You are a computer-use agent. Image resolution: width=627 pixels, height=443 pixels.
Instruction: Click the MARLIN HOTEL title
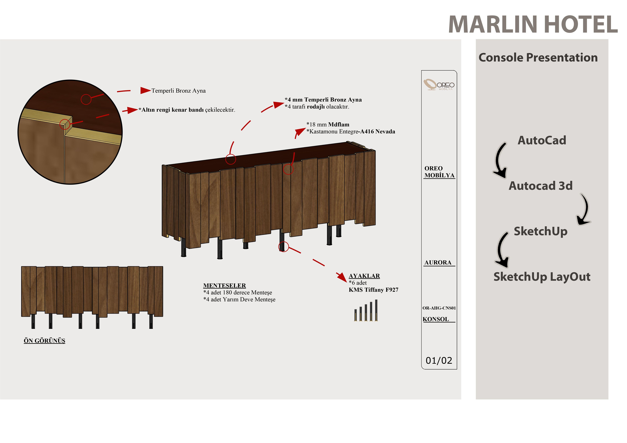click(x=532, y=24)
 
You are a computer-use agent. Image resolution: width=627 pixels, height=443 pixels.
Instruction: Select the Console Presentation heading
click(x=538, y=58)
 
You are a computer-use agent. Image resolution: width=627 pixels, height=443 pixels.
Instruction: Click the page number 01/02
click(x=439, y=361)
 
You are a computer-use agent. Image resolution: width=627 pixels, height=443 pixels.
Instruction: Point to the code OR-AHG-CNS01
click(x=439, y=308)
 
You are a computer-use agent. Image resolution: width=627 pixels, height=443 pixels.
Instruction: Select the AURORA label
click(x=438, y=262)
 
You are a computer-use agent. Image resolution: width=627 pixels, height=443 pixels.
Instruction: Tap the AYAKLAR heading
click(x=364, y=276)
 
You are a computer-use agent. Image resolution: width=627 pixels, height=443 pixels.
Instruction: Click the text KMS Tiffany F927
click(x=373, y=290)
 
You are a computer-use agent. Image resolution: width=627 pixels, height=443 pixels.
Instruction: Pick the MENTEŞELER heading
click(x=224, y=286)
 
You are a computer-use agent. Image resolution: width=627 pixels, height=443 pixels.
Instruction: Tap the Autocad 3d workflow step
click(x=540, y=186)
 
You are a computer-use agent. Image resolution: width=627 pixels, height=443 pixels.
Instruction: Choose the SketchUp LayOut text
click(x=542, y=277)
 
